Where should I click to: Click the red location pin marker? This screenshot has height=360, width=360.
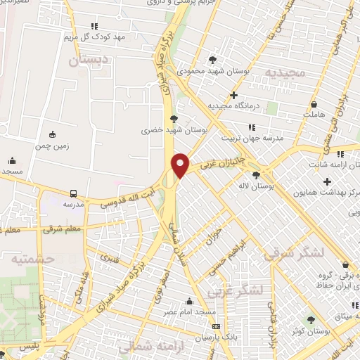pyautogui.click(x=181, y=165)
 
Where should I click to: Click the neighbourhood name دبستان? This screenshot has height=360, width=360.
pyautogui.click(x=90, y=60)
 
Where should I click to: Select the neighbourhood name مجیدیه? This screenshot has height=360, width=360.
pyautogui.click(x=285, y=73)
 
